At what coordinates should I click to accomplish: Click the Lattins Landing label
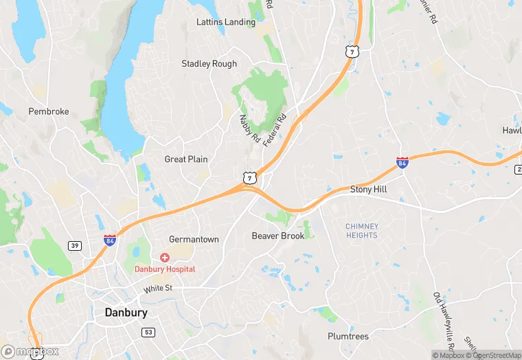tap(225, 22)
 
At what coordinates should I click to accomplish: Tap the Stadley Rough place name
tap(209, 64)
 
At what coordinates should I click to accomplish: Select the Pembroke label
tap(49, 111)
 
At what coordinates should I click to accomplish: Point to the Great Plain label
tap(185, 159)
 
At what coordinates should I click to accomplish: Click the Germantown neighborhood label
tap(194, 240)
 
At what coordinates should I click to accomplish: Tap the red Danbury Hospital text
tap(164, 269)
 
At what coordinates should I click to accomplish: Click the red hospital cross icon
tap(164, 257)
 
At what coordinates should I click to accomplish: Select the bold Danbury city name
tap(126, 313)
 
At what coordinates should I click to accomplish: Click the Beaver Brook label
tap(277, 236)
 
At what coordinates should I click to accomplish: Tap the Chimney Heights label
tap(361, 231)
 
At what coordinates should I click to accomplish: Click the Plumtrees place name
tap(348, 337)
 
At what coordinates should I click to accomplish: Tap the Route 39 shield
tap(75, 245)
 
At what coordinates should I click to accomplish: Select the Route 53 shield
tap(148, 333)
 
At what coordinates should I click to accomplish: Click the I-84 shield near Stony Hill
tap(402, 163)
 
